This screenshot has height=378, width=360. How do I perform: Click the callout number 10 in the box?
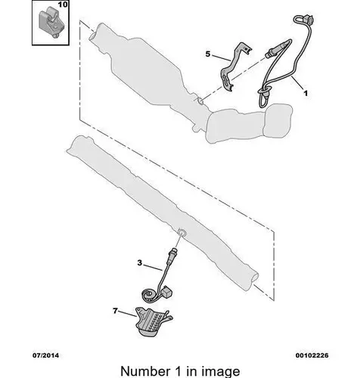63,5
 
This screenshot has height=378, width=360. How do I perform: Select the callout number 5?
208,54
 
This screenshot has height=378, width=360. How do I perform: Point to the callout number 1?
306,94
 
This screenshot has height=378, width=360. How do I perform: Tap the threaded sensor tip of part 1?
269,53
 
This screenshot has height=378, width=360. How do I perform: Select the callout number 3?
140,263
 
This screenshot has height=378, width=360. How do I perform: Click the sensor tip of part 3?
173,252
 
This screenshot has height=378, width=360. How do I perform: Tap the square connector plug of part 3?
167,292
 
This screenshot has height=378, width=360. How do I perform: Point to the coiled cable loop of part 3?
149,296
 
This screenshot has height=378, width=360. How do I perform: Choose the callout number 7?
115,311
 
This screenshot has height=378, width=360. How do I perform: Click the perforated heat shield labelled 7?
152,321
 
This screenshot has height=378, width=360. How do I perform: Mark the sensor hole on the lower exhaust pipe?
182,232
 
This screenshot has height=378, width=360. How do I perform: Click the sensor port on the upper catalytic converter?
200,101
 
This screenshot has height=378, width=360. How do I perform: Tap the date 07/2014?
45,355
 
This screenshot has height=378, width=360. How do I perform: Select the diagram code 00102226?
312,355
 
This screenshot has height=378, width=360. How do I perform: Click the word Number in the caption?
145,371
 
